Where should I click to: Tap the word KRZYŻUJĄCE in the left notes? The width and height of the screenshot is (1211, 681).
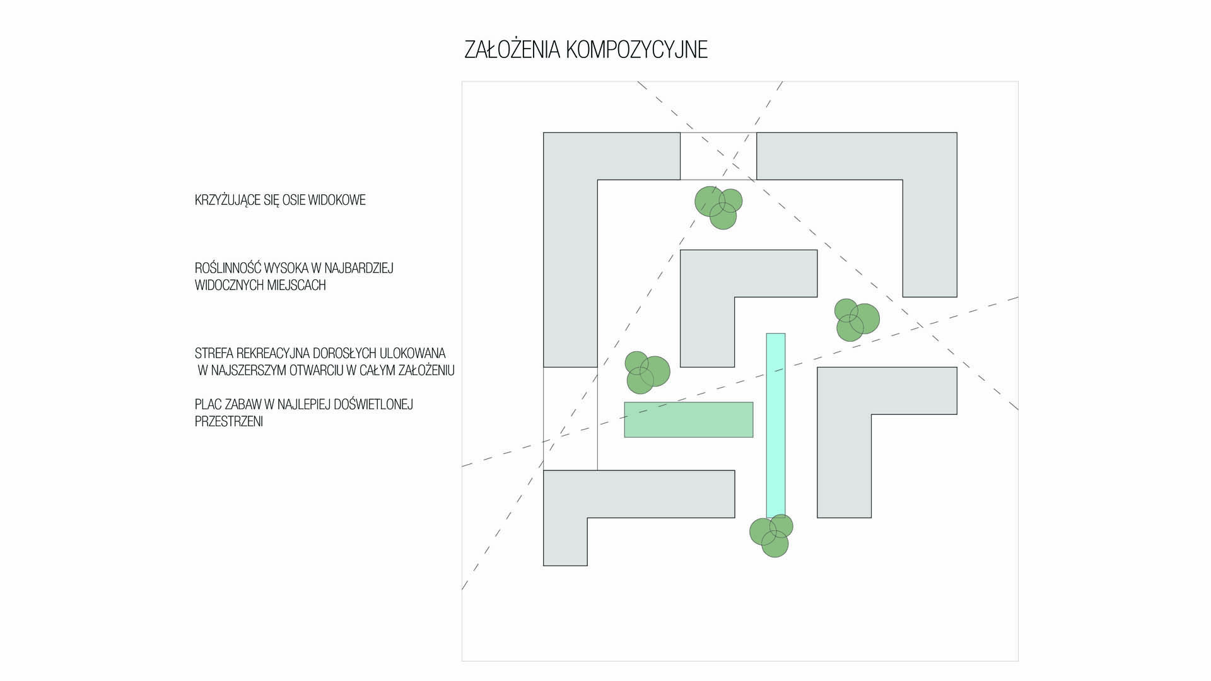point(228,201)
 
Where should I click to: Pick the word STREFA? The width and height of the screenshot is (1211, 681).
point(211,353)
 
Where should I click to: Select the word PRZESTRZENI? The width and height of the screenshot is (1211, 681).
point(228,421)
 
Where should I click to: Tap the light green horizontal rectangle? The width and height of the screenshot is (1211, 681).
point(688,419)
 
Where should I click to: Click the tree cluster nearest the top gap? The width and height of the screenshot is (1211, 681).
point(718,207)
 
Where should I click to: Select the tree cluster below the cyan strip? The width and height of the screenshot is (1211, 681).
point(771,535)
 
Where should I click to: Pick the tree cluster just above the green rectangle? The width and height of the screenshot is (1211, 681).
point(646,372)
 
